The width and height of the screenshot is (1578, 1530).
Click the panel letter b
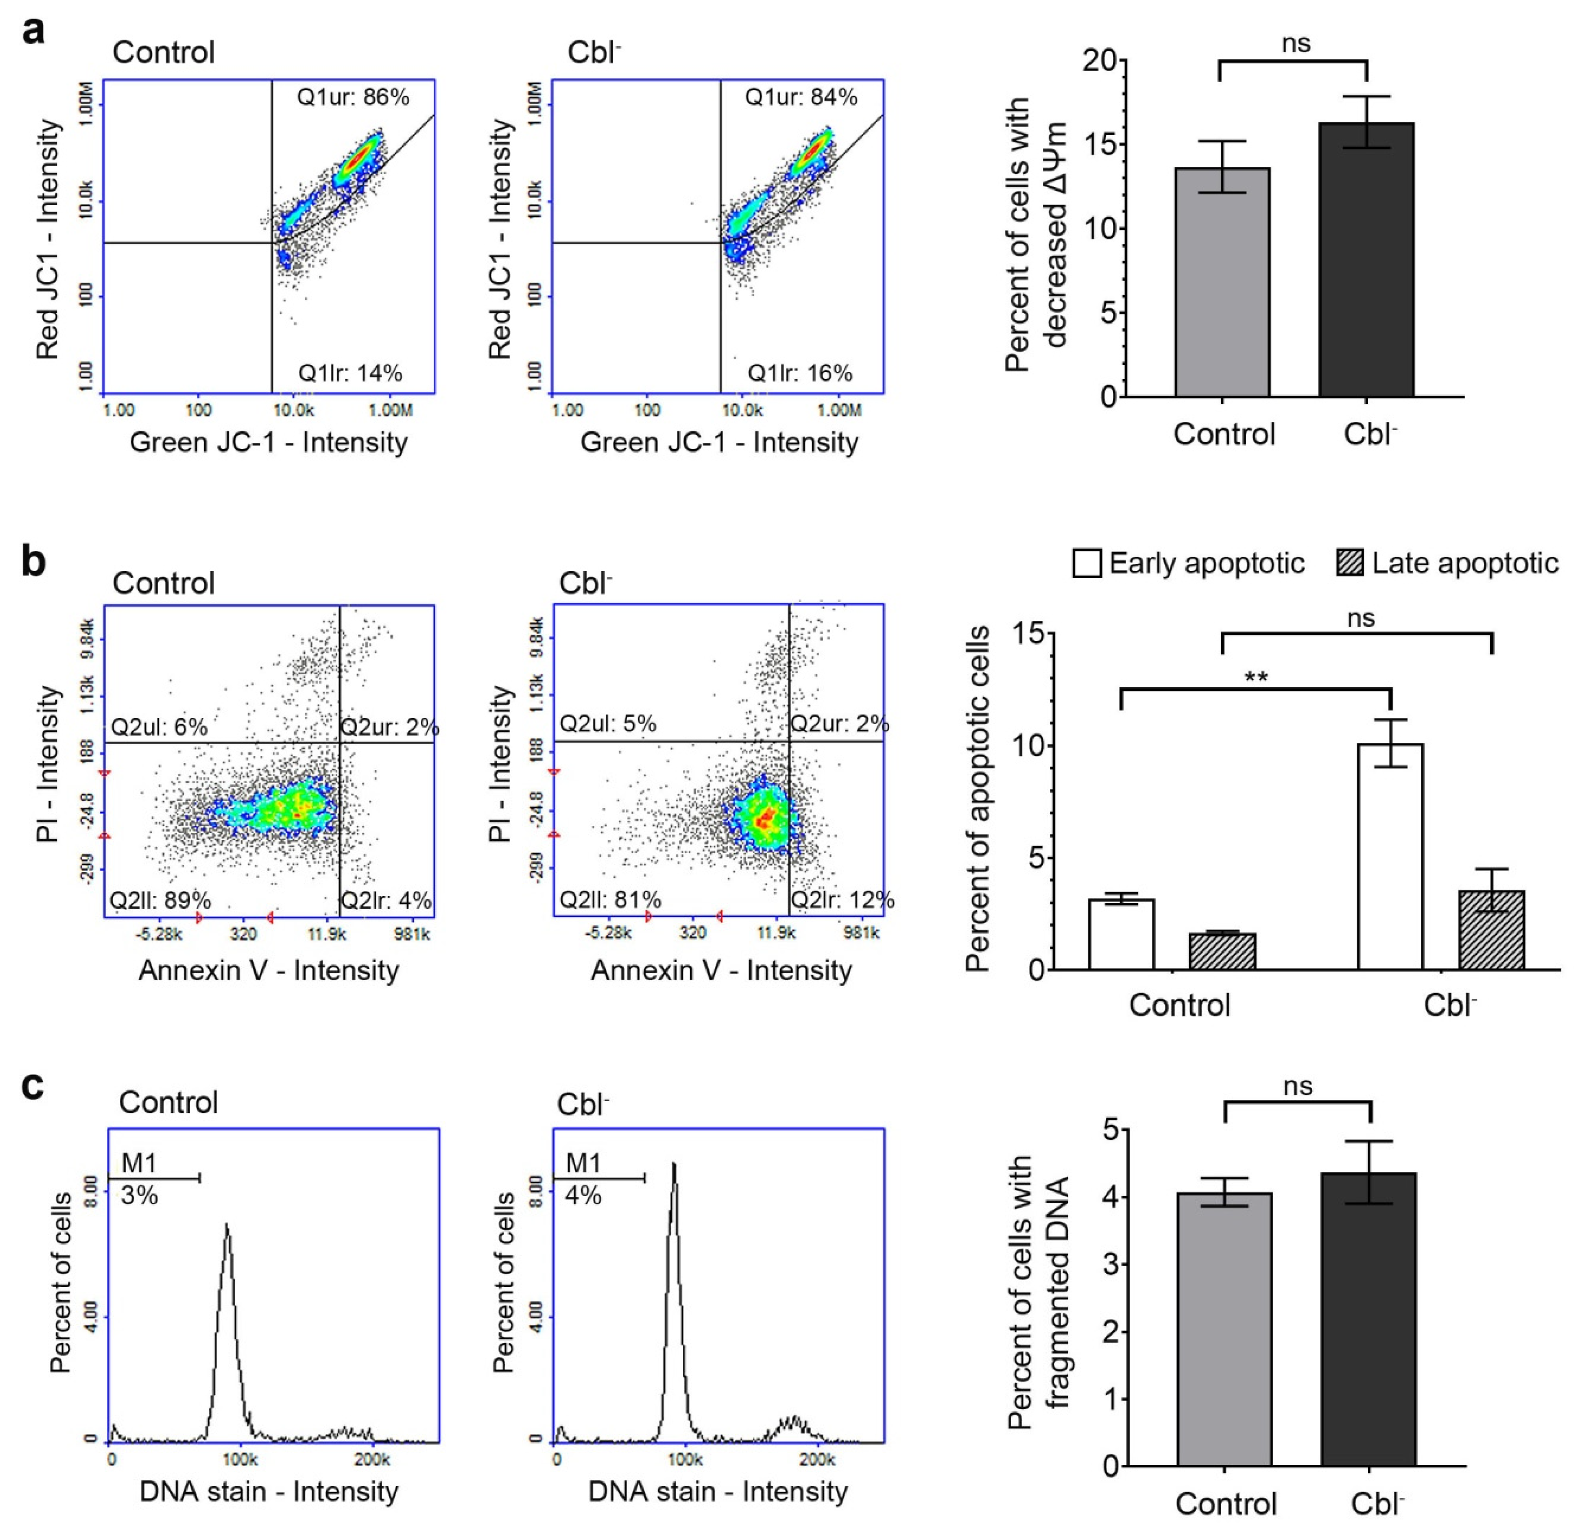pyautogui.click(x=34, y=561)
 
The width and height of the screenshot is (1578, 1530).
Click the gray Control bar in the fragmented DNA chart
pyautogui.click(x=1224, y=1329)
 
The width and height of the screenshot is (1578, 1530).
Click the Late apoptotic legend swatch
pyautogui.click(x=1350, y=563)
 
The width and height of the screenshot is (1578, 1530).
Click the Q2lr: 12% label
pyautogui.click(x=842, y=900)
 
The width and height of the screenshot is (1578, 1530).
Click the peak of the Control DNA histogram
pyautogui.click(x=227, y=1225)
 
